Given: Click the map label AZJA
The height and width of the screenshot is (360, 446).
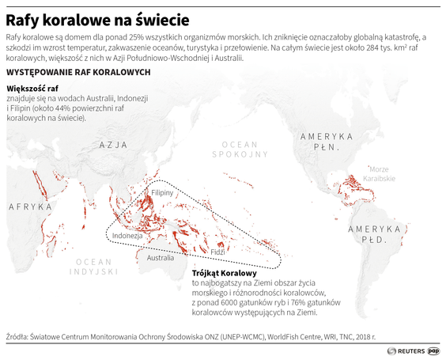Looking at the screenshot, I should point(114,145).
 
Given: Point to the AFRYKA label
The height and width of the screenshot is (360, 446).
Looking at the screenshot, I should point(30,207).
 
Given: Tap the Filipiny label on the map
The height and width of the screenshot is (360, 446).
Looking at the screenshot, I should point(162,192).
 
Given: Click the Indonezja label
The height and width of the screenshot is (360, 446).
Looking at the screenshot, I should point(127,236).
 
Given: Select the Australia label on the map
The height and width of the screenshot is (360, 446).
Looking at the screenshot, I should point(161,258).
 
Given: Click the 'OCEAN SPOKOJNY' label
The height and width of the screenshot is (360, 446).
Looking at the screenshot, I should point(240,149).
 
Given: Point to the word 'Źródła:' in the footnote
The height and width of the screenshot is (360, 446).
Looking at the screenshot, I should point(19,335).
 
